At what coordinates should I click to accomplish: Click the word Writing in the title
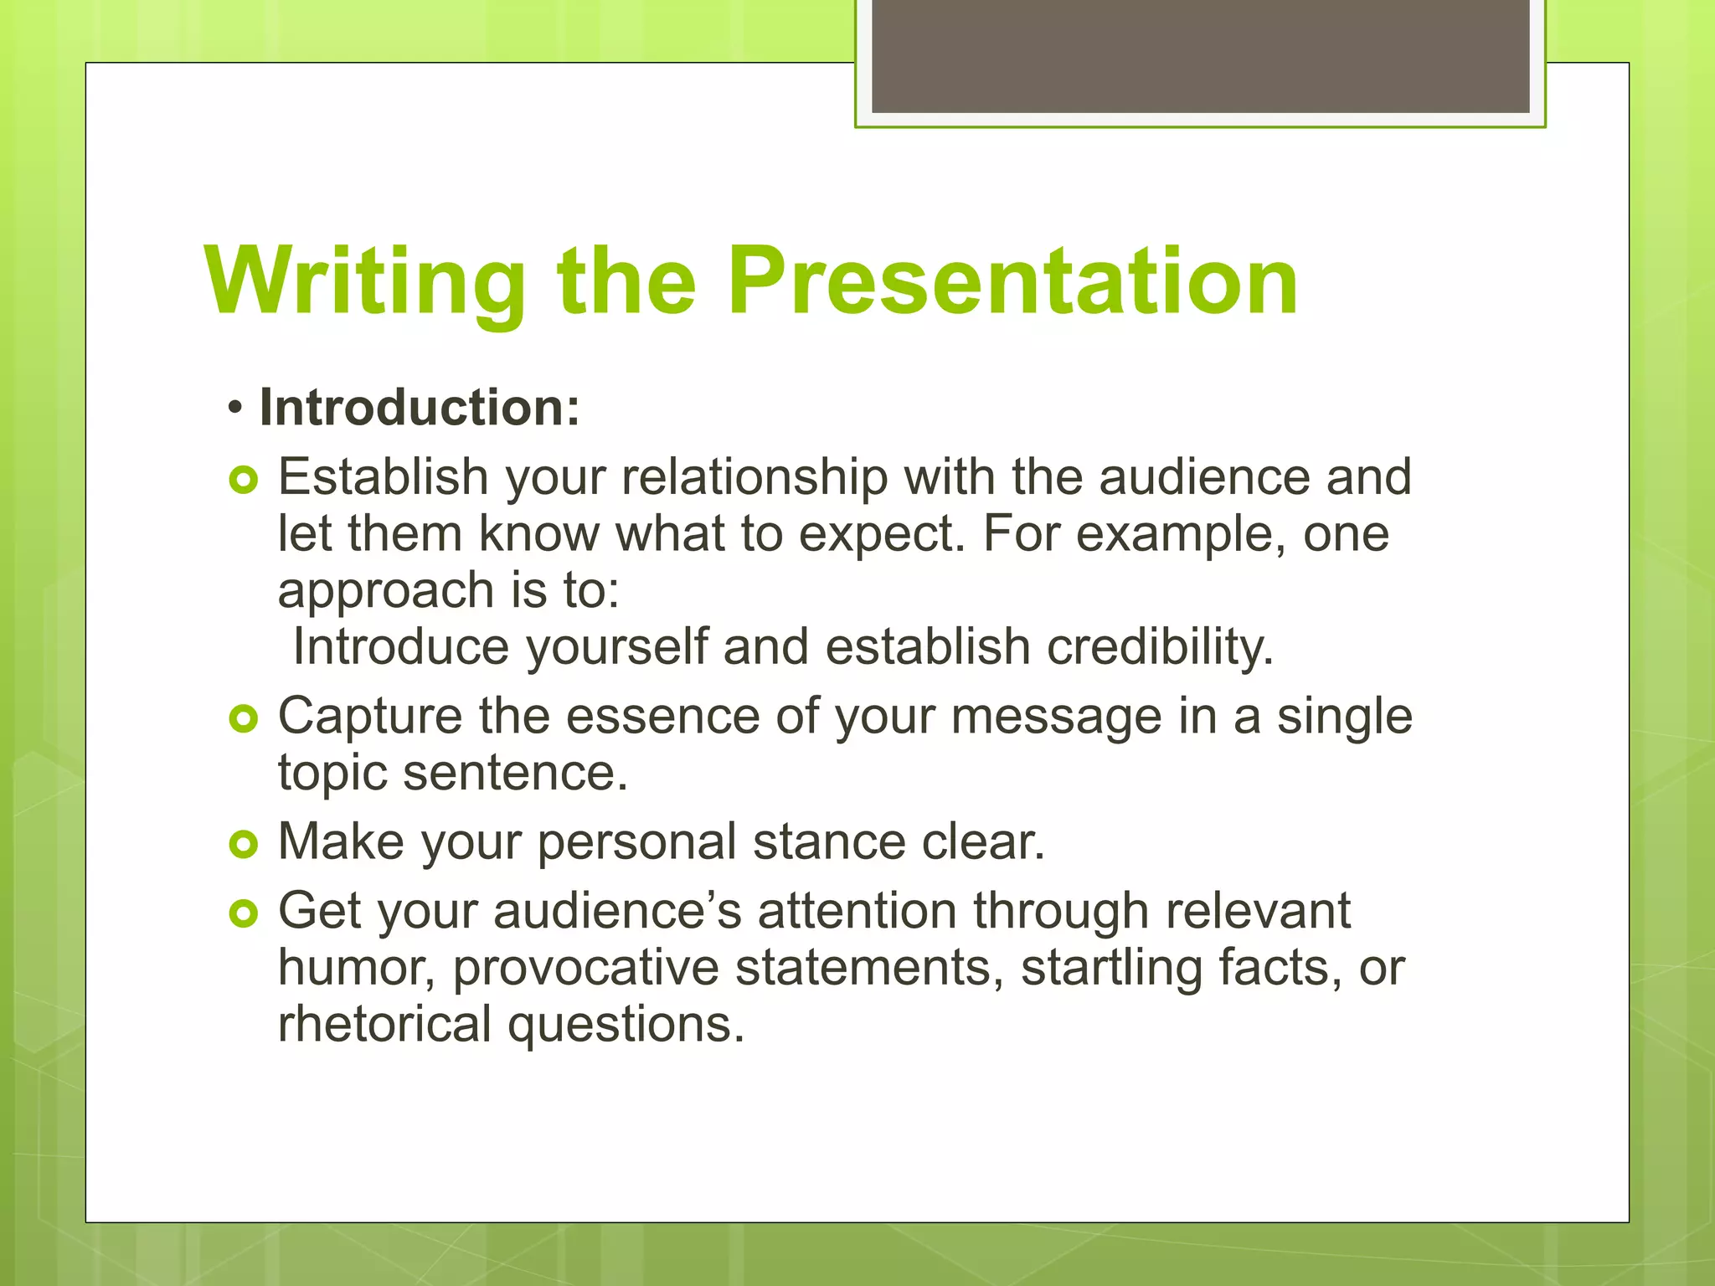pyautogui.click(x=365, y=282)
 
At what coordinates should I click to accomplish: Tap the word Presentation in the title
pyautogui.click(x=1012, y=282)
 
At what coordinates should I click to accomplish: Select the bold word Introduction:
pyautogui.click(x=420, y=408)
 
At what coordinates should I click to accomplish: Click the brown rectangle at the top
pyautogui.click(x=1200, y=55)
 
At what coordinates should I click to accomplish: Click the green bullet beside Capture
pyautogui.click(x=243, y=719)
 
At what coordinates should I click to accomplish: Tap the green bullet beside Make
pyautogui.click(x=243, y=845)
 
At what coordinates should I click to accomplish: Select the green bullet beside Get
pyautogui.click(x=243, y=914)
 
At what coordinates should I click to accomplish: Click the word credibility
pyautogui.click(x=1160, y=647)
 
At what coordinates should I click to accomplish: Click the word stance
pyautogui.click(x=829, y=842)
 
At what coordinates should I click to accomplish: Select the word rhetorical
pyautogui.click(x=384, y=1025)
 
